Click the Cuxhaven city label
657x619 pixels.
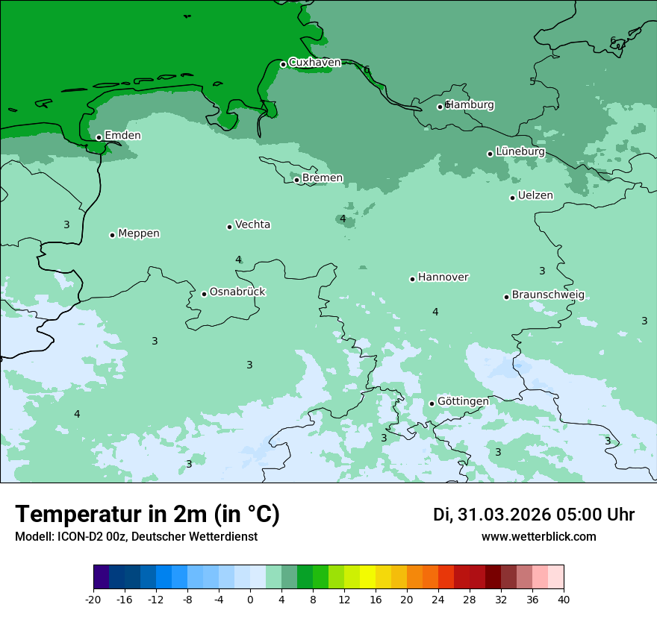[314, 63]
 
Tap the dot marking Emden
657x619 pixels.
[99, 137]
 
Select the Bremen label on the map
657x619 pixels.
[323, 178]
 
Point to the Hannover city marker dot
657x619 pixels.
[412, 279]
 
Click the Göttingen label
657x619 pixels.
[463, 401]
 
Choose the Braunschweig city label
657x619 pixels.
[548, 295]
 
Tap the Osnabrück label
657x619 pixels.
[237, 292]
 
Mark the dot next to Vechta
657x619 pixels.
[229, 227]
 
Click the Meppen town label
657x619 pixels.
[139, 233]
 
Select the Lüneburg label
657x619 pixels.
[520, 151]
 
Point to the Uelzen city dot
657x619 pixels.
[512, 198]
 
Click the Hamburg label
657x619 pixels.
[470, 105]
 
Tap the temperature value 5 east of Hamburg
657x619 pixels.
[532, 81]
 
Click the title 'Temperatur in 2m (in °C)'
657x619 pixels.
[148, 514]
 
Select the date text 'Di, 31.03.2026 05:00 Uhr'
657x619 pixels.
[534, 515]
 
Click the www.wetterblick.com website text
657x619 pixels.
[538, 536]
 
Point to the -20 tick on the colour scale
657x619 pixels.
[93, 599]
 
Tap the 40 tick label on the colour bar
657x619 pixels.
[564, 599]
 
